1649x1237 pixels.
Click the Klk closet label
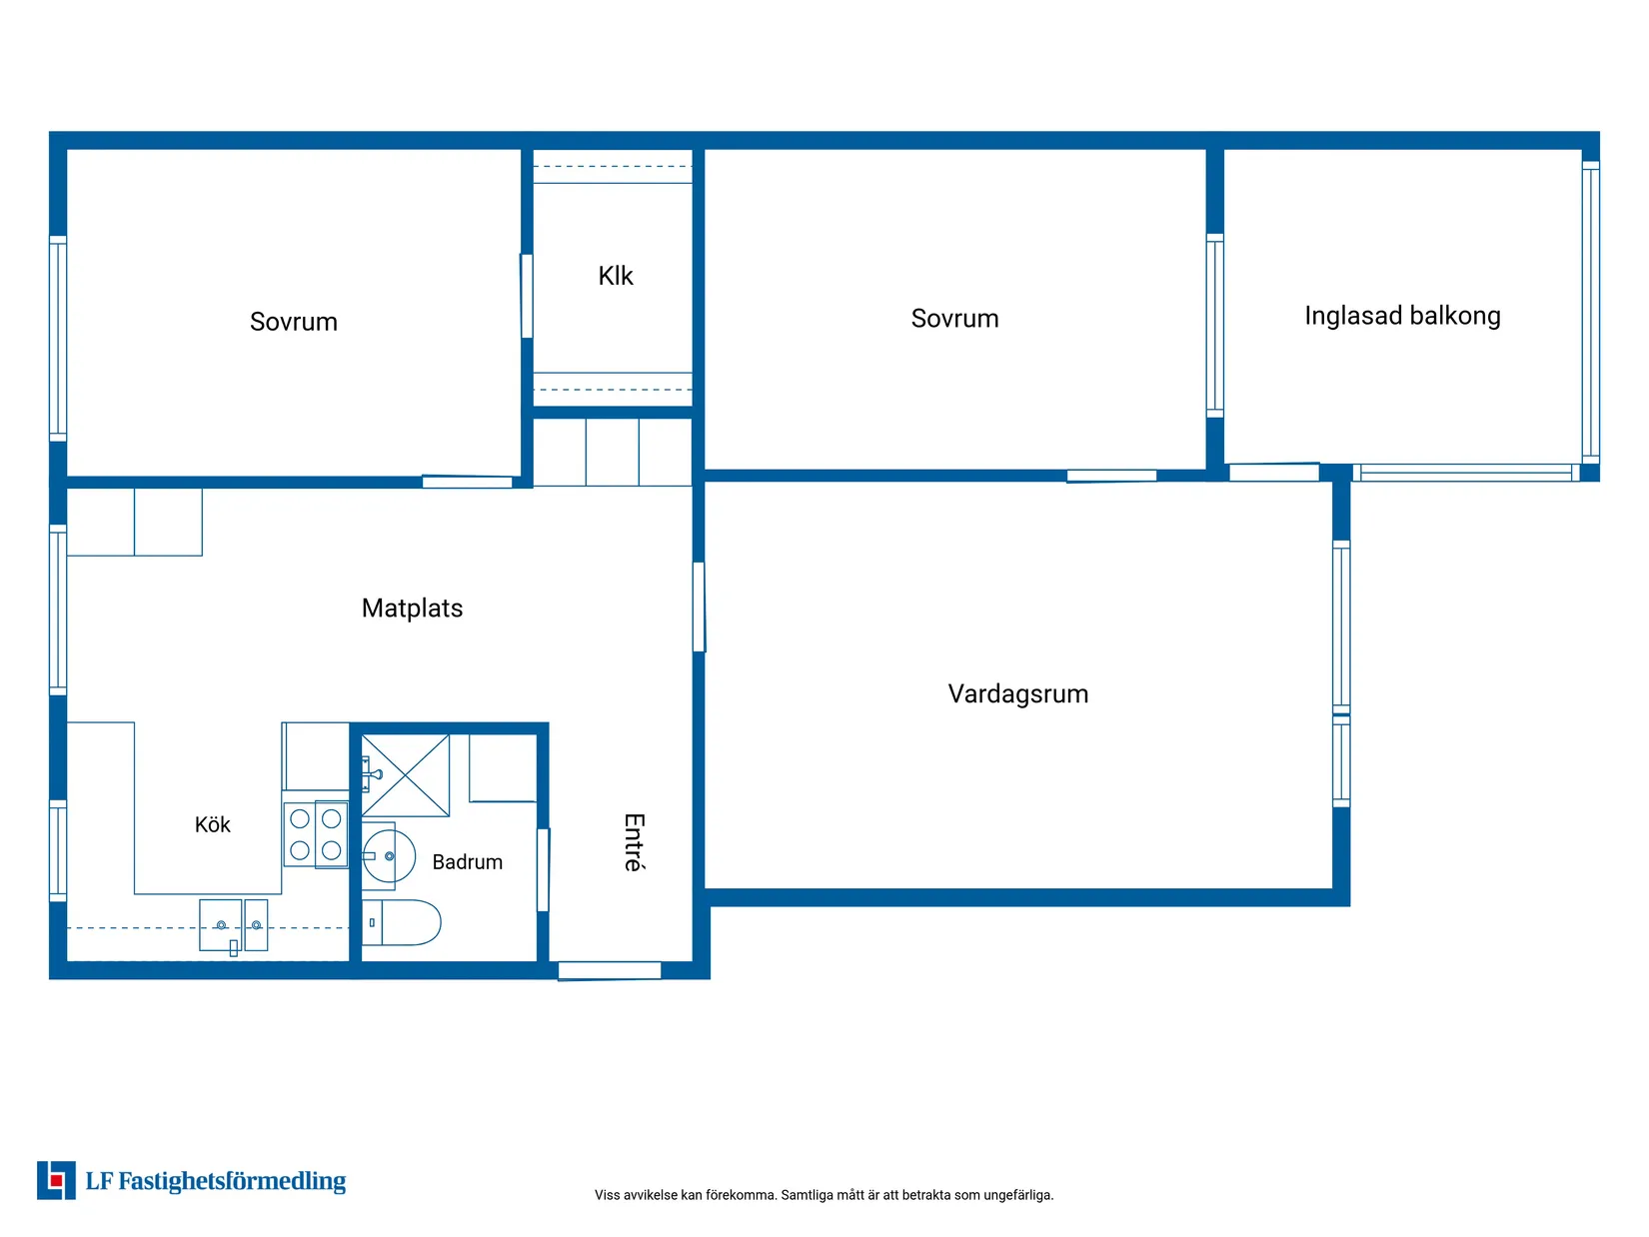pos(616,276)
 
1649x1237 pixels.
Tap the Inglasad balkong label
pos(1402,316)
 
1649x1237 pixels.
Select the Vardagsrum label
pos(1018,694)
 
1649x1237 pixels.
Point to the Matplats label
pos(412,608)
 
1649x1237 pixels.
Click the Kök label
pos(213,824)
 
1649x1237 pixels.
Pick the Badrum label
pos(468,861)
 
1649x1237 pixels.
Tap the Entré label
pos(635,842)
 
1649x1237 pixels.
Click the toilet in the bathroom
pos(401,922)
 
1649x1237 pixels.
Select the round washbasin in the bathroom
pos(389,856)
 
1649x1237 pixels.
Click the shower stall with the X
pos(406,775)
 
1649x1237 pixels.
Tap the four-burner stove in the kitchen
pos(316,835)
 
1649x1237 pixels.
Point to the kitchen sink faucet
pos(234,948)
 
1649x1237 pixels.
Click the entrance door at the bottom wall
pos(610,970)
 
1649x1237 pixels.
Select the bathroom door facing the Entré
pos(543,869)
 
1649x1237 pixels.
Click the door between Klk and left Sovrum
pos(527,296)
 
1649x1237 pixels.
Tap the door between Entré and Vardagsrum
pos(699,607)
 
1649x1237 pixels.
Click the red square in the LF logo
pos(56,1181)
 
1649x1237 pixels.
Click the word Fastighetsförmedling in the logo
pos(232,1181)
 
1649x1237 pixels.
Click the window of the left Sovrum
pos(58,339)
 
